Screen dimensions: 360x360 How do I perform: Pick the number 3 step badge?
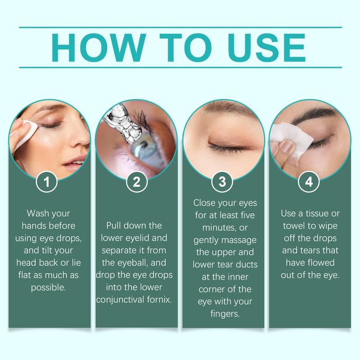point(222,183)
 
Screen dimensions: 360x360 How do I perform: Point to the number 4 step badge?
point(310,183)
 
